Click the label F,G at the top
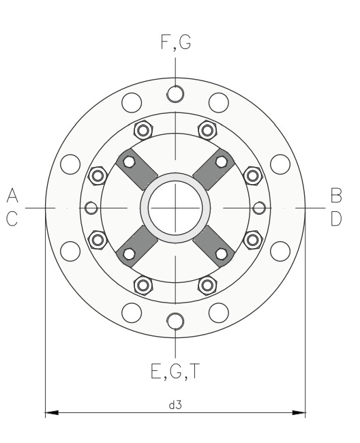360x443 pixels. pyautogui.click(x=176, y=43)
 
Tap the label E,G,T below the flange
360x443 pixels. pyautogui.click(x=175, y=371)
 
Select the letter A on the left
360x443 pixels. pyautogui.click(x=12, y=195)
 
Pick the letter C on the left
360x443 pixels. pyautogui.click(x=12, y=219)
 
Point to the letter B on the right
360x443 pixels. pyautogui.click(x=336, y=195)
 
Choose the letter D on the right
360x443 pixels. pyautogui.click(x=336, y=219)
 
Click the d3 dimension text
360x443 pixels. pyautogui.click(x=175, y=405)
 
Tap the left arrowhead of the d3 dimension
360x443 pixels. pyautogui.click(x=52, y=413)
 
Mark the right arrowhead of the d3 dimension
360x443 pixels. pyautogui.click(x=299, y=413)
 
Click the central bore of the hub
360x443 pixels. pyautogui.click(x=175, y=208)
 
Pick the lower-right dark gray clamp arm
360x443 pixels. pyautogui.click(x=213, y=246)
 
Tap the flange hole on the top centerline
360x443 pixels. pyautogui.click(x=175, y=94)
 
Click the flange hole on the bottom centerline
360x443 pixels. pyautogui.click(x=175, y=322)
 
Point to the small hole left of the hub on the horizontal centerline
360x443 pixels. pyautogui.click(x=91, y=208)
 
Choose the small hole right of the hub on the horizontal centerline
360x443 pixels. pyautogui.click(x=259, y=208)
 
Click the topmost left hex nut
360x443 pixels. pyautogui.click(x=143, y=130)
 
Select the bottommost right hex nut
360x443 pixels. pyautogui.click(x=207, y=286)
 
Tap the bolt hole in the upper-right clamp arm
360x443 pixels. pyautogui.click(x=222, y=162)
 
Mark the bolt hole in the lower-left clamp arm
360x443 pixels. pyautogui.click(x=129, y=254)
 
